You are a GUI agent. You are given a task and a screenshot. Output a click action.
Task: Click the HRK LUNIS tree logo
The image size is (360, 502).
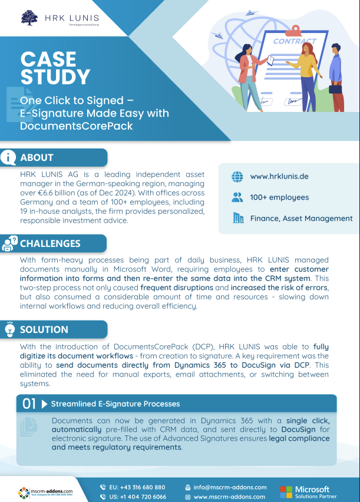pyautogui.click(x=29, y=17)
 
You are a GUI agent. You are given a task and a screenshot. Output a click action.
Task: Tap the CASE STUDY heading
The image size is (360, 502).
pyautogui.click(x=55, y=68)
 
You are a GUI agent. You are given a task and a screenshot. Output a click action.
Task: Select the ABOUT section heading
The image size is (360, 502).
pyautogui.click(x=37, y=157)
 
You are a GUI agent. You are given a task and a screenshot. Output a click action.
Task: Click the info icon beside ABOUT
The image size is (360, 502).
pyautogui.click(x=8, y=157)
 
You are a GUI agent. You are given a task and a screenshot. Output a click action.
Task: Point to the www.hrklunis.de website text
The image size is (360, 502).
pyautogui.click(x=279, y=176)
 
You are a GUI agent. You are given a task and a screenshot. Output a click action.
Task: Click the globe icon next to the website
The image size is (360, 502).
pyautogui.click(x=237, y=176)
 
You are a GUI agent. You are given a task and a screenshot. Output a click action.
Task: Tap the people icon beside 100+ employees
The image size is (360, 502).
pyautogui.click(x=237, y=197)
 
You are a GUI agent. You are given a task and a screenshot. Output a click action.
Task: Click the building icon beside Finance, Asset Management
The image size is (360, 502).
pyautogui.click(x=238, y=218)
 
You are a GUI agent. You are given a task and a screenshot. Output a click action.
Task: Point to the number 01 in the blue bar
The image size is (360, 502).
pyautogui.click(x=29, y=404)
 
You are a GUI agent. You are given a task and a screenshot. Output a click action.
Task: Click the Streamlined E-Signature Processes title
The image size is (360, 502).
pyautogui.click(x=115, y=404)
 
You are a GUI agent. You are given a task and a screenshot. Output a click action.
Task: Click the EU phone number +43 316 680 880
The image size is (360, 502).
pyautogui.click(x=137, y=487)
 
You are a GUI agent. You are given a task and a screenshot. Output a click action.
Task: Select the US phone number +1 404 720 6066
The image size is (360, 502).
pyautogui.click(x=137, y=497)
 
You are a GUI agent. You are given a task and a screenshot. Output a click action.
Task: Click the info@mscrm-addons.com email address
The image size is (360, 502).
pyautogui.click(x=230, y=487)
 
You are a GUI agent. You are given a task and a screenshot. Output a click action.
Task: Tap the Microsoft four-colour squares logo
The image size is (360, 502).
pyautogui.click(x=286, y=492)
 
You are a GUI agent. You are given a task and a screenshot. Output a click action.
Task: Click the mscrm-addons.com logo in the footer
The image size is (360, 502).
pyautogui.click(x=45, y=491)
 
